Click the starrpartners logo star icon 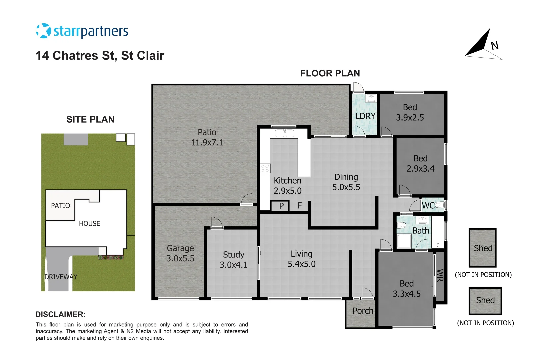[x=43, y=31]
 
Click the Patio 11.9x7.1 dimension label [x=207, y=137]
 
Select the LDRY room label [x=365, y=116]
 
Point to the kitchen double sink [x=284, y=133]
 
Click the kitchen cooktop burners [x=265, y=168]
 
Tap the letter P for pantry [x=281, y=206]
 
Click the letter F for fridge [x=299, y=206]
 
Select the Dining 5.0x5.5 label [x=346, y=182]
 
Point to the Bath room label [x=421, y=231]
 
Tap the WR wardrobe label [x=440, y=275]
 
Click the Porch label [x=363, y=311]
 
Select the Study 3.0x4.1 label [x=233, y=260]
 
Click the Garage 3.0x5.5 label [x=180, y=253]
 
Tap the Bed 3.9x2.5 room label [x=410, y=112]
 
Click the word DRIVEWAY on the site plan [x=61, y=277]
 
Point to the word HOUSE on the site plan [x=89, y=224]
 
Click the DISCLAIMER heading [x=60, y=314]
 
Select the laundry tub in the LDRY [x=371, y=98]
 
